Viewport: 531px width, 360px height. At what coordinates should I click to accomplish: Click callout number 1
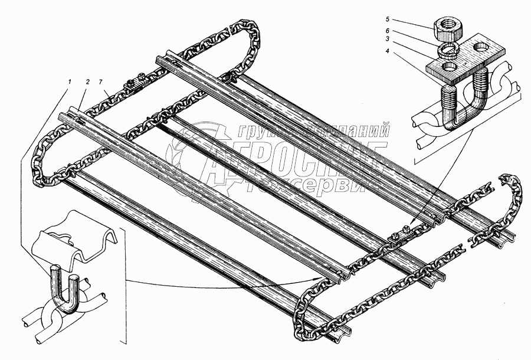coord(71,81)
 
